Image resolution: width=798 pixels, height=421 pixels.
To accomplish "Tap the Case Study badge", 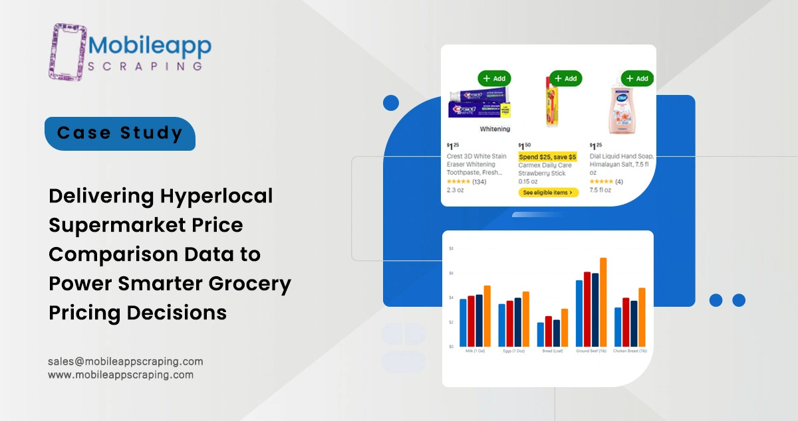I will tap(120, 133).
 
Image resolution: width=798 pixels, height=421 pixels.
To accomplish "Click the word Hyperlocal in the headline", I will tap(217, 197).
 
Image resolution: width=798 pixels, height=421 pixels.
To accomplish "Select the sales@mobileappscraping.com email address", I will tap(125, 362).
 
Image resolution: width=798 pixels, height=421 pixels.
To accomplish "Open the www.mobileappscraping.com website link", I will tap(120, 375).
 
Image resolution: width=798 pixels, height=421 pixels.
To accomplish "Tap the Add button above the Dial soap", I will tap(637, 78).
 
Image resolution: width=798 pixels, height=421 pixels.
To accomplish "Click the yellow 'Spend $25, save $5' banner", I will tap(548, 157).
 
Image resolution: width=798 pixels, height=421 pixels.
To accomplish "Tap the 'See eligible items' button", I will tap(548, 193).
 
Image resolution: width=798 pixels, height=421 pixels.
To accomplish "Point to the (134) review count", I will tap(479, 181).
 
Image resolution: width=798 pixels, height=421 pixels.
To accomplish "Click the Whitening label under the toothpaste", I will tap(495, 129).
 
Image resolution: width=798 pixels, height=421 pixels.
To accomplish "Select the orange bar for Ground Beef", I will tap(603, 302).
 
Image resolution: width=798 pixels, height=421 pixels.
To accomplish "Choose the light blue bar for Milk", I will tap(463, 323).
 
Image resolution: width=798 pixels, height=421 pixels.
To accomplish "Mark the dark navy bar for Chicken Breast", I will tap(634, 323).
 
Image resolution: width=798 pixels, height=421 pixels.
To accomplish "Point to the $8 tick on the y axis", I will tap(451, 249).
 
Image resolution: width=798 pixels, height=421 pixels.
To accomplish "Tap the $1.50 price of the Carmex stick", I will tap(525, 145).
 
